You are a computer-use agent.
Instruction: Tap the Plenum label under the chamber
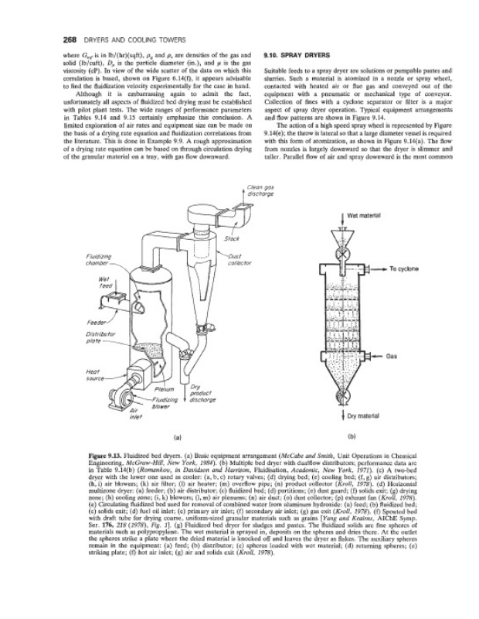[165, 388]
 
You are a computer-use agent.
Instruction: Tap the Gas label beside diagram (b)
[392, 357]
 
